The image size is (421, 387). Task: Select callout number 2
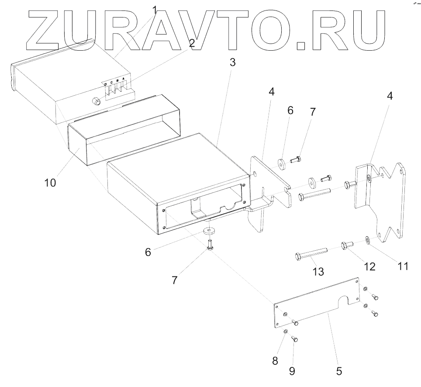coord(191,42)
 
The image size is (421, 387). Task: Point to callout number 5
coord(338,371)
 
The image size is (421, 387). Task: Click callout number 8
coord(275,361)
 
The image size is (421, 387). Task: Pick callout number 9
coord(292,371)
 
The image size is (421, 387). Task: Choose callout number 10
coord(50,183)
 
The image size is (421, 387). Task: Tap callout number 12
coord(369,266)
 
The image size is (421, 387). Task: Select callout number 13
coord(318,271)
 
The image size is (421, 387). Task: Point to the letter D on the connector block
coord(105,84)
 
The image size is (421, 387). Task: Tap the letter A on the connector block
coord(124,79)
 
